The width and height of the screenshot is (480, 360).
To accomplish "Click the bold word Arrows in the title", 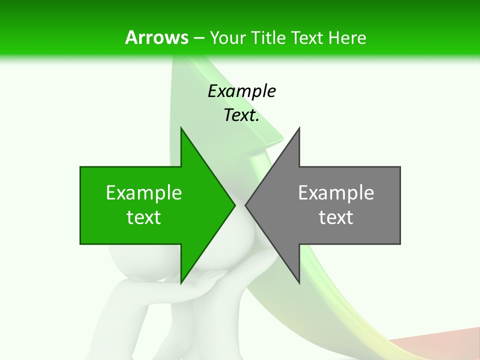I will [156, 37].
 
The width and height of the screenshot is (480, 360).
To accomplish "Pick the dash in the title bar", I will [198, 38].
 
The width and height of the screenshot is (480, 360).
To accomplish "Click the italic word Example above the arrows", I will [242, 91].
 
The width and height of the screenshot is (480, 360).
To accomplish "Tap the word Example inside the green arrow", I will [144, 192].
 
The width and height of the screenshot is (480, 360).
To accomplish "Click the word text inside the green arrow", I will [144, 217].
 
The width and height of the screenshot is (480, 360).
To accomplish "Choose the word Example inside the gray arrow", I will [336, 192].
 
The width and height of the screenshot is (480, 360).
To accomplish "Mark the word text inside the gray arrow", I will [336, 217].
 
